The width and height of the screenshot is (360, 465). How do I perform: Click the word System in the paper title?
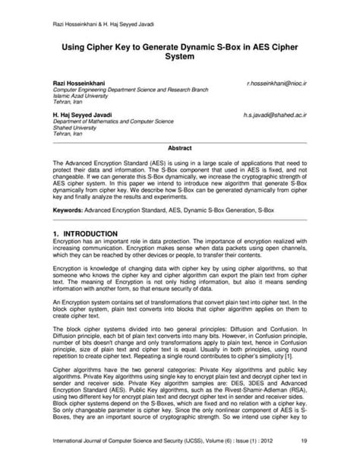(x=179, y=57)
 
